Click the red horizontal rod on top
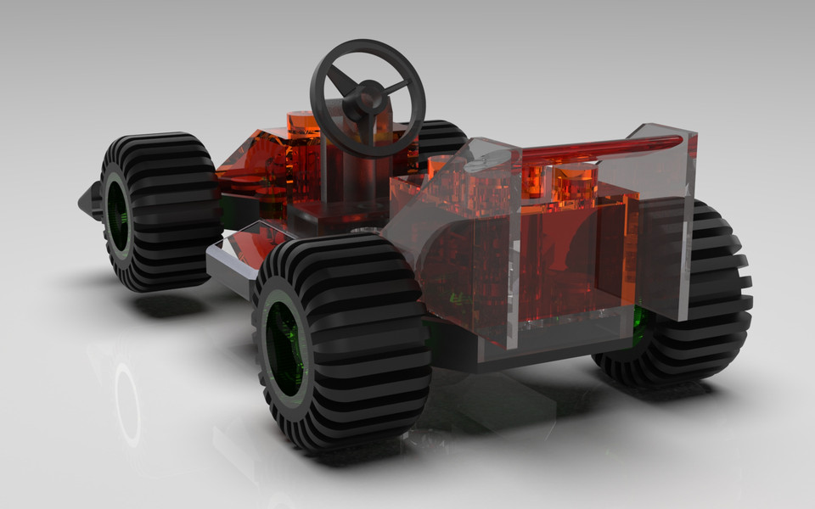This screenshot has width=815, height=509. coord(594,149)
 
